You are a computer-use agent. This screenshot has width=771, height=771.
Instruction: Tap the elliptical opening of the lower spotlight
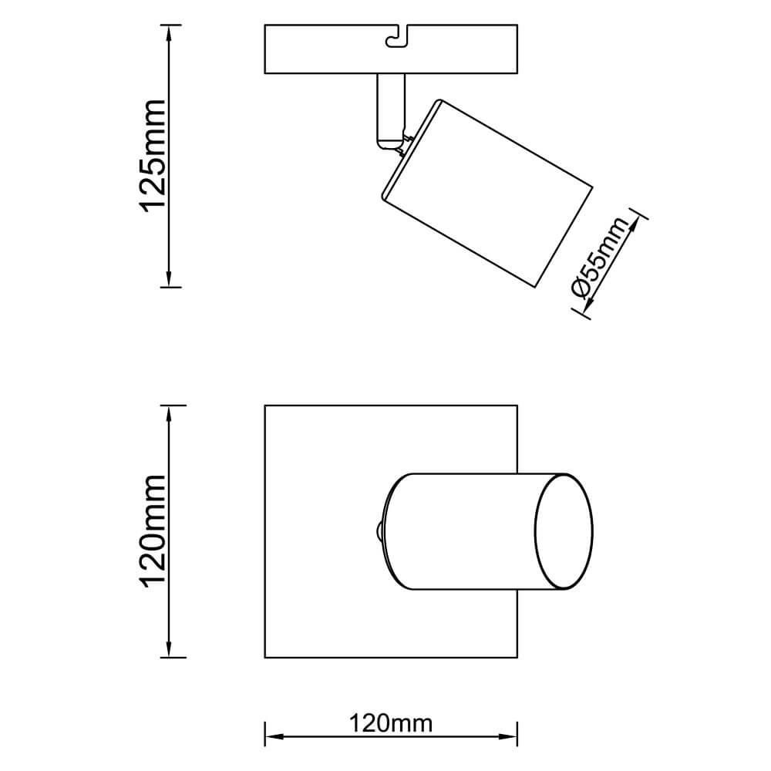(x=564, y=532)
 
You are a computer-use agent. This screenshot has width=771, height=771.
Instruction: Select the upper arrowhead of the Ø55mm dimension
(x=636, y=220)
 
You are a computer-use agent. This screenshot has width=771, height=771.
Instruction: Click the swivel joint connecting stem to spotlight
(x=399, y=143)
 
